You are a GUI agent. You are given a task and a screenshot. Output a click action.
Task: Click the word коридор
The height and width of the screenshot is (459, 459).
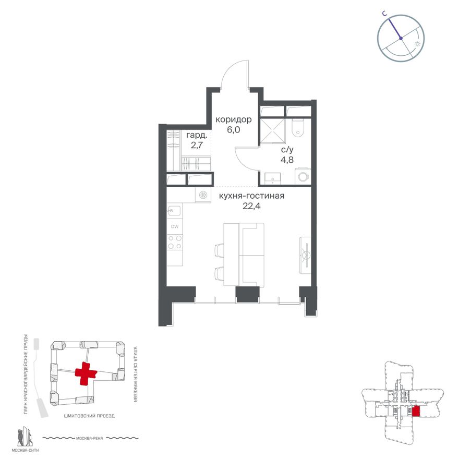click(234, 120)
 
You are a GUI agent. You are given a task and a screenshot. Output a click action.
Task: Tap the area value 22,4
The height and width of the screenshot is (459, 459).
click(251, 206)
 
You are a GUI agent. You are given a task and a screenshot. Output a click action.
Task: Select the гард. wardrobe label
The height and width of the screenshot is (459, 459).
click(197, 135)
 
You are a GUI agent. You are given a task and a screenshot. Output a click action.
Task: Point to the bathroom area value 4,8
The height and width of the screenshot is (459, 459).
click(287, 160)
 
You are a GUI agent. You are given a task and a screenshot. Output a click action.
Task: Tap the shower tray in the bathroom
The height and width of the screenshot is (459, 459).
click(273, 131)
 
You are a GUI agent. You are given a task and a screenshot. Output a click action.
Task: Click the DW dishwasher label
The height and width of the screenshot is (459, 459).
click(175, 226)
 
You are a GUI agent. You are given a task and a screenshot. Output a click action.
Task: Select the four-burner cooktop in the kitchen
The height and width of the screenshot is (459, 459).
click(175, 243)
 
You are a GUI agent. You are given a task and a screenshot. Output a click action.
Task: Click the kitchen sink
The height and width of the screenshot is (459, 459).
click(174, 211)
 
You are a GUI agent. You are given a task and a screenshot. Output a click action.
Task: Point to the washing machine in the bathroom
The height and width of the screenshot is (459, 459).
click(303, 176)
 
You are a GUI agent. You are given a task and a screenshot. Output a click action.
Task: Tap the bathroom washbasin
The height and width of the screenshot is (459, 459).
click(272, 178)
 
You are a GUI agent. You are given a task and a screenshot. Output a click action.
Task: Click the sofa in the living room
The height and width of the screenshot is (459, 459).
click(251, 255)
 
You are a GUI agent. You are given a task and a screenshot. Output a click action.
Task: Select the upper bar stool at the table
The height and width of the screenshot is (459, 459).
click(220, 250)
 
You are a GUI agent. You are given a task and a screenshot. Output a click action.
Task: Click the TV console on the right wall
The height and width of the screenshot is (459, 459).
click(305, 255)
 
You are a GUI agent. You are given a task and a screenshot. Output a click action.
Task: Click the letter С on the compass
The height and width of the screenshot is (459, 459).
click(385, 13)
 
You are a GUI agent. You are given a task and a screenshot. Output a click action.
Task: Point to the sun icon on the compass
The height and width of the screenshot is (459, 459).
click(418, 44)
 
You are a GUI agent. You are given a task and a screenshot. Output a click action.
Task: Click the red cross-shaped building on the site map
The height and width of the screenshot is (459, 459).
click(86, 373)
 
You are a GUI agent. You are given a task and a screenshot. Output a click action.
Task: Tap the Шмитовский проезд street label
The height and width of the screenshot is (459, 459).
click(89, 416)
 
